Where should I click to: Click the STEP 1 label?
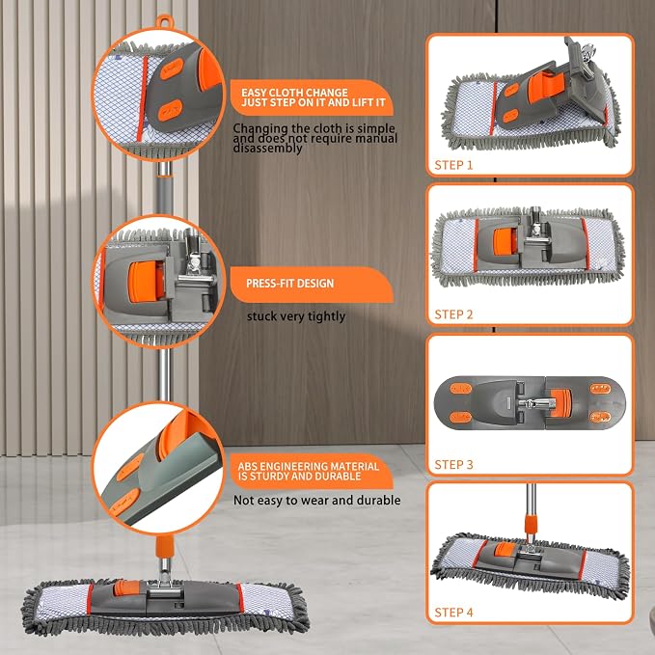[x=453, y=165]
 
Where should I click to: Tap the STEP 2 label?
[x=453, y=314]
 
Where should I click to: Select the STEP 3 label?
[x=453, y=465]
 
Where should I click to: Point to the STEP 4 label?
[x=453, y=613]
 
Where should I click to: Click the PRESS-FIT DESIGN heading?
[x=290, y=284]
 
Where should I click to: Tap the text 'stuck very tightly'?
[x=296, y=316]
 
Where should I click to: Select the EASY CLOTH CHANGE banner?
[x=313, y=97]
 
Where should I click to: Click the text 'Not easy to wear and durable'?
[x=317, y=500]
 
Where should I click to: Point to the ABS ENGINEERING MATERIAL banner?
[x=312, y=471]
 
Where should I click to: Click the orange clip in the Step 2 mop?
[x=503, y=242]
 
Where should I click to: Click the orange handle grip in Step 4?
[x=531, y=525]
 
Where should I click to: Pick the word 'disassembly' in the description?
[x=267, y=149]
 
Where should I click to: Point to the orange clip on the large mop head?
[x=126, y=587]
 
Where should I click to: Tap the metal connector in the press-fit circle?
[x=193, y=267]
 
